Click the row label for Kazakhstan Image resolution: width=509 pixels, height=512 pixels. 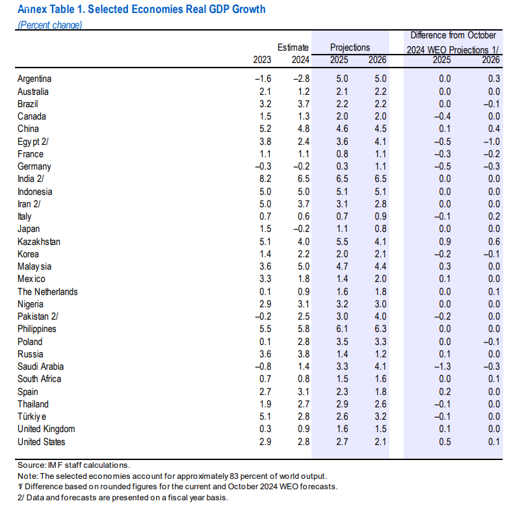(x=39, y=242)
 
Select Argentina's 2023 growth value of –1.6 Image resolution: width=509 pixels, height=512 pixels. (x=262, y=79)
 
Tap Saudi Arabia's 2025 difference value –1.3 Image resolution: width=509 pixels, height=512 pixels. (x=441, y=366)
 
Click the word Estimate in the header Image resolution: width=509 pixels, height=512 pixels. (x=293, y=47)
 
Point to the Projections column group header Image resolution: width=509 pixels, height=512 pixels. (x=350, y=47)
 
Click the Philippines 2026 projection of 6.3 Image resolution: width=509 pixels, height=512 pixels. (x=380, y=329)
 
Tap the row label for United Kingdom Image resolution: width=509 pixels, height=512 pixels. (x=46, y=429)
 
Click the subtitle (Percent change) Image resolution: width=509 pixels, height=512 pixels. (x=49, y=25)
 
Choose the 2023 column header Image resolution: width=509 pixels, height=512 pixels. (x=263, y=60)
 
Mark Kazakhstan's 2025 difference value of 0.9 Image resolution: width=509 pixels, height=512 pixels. (x=444, y=242)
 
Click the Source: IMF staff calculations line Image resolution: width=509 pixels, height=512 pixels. (x=73, y=465)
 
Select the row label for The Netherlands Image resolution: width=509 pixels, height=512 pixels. (x=47, y=292)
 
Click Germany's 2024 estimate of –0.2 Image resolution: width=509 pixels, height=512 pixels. (x=300, y=166)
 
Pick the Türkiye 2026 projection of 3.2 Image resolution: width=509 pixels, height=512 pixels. (x=380, y=416)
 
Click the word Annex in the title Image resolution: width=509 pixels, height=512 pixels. (x=32, y=10)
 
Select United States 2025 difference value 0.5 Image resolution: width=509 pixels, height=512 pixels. (x=444, y=442)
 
